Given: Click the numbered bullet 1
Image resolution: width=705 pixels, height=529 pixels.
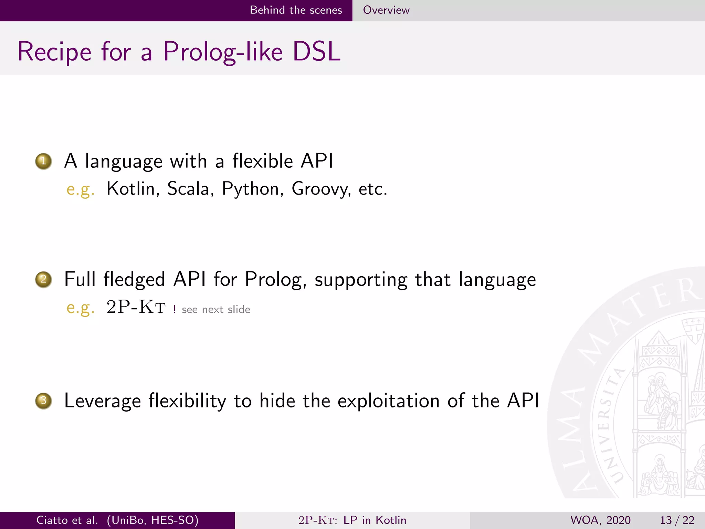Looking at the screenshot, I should click(x=43, y=161).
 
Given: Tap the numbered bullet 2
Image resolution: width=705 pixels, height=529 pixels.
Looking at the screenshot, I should click(x=43, y=279).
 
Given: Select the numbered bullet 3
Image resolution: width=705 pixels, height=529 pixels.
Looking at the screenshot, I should click(x=43, y=401).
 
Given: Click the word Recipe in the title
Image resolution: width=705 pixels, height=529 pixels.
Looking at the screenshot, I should click(x=54, y=52).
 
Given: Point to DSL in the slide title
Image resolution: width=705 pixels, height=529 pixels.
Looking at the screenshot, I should click(x=316, y=52).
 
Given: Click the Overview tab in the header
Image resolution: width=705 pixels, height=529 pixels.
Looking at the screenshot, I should click(x=386, y=10).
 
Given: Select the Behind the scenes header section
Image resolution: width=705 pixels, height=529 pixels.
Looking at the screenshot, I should click(x=296, y=10).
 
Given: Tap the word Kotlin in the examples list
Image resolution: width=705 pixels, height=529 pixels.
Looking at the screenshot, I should click(x=131, y=189).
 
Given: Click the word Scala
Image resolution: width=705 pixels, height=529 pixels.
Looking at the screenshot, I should click(x=188, y=189).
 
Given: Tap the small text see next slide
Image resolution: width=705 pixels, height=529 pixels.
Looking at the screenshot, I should click(x=216, y=310).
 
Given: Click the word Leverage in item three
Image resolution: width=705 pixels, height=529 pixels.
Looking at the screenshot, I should click(x=103, y=401).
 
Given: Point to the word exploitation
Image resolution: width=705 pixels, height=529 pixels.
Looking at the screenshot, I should click(x=388, y=401).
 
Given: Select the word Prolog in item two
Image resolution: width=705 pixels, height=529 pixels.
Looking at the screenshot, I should click(x=273, y=280).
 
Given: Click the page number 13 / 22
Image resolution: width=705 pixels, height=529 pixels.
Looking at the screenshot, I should click(x=677, y=520).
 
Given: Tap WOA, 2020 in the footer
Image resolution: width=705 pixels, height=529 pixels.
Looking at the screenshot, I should click(x=600, y=520).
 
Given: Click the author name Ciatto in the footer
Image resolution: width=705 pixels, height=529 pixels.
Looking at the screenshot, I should click(x=52, y=520).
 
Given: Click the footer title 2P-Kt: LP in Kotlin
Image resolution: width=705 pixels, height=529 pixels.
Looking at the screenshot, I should click(x=352, y=520).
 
